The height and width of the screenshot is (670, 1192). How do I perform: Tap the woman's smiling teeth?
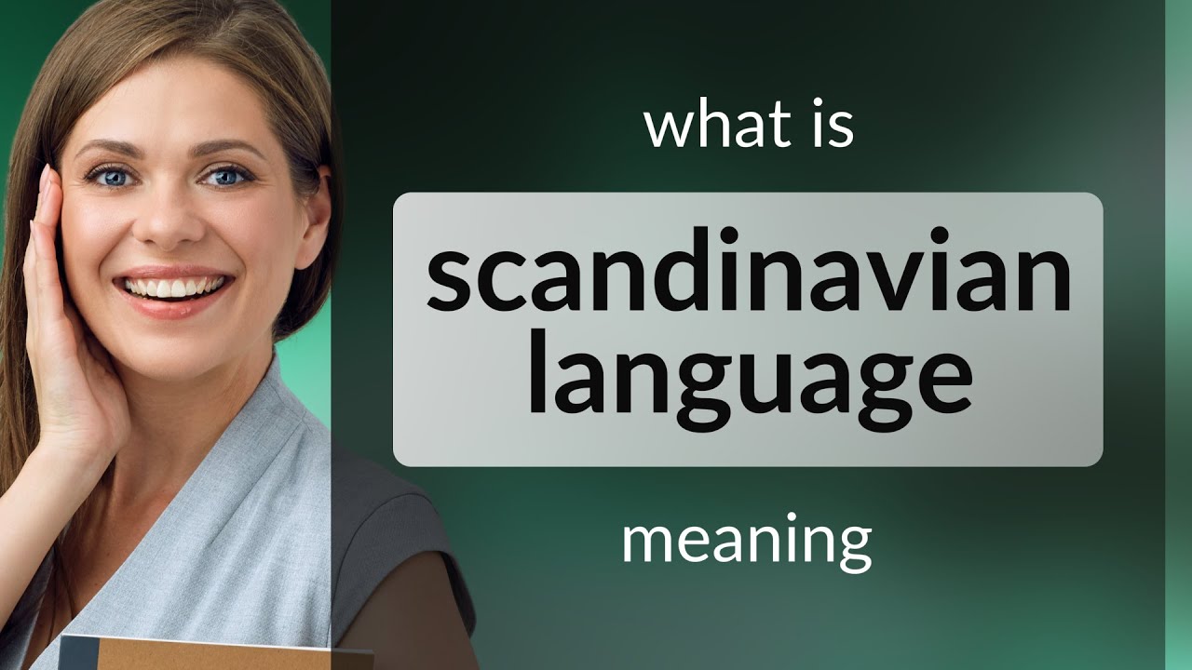click(176, 287)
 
